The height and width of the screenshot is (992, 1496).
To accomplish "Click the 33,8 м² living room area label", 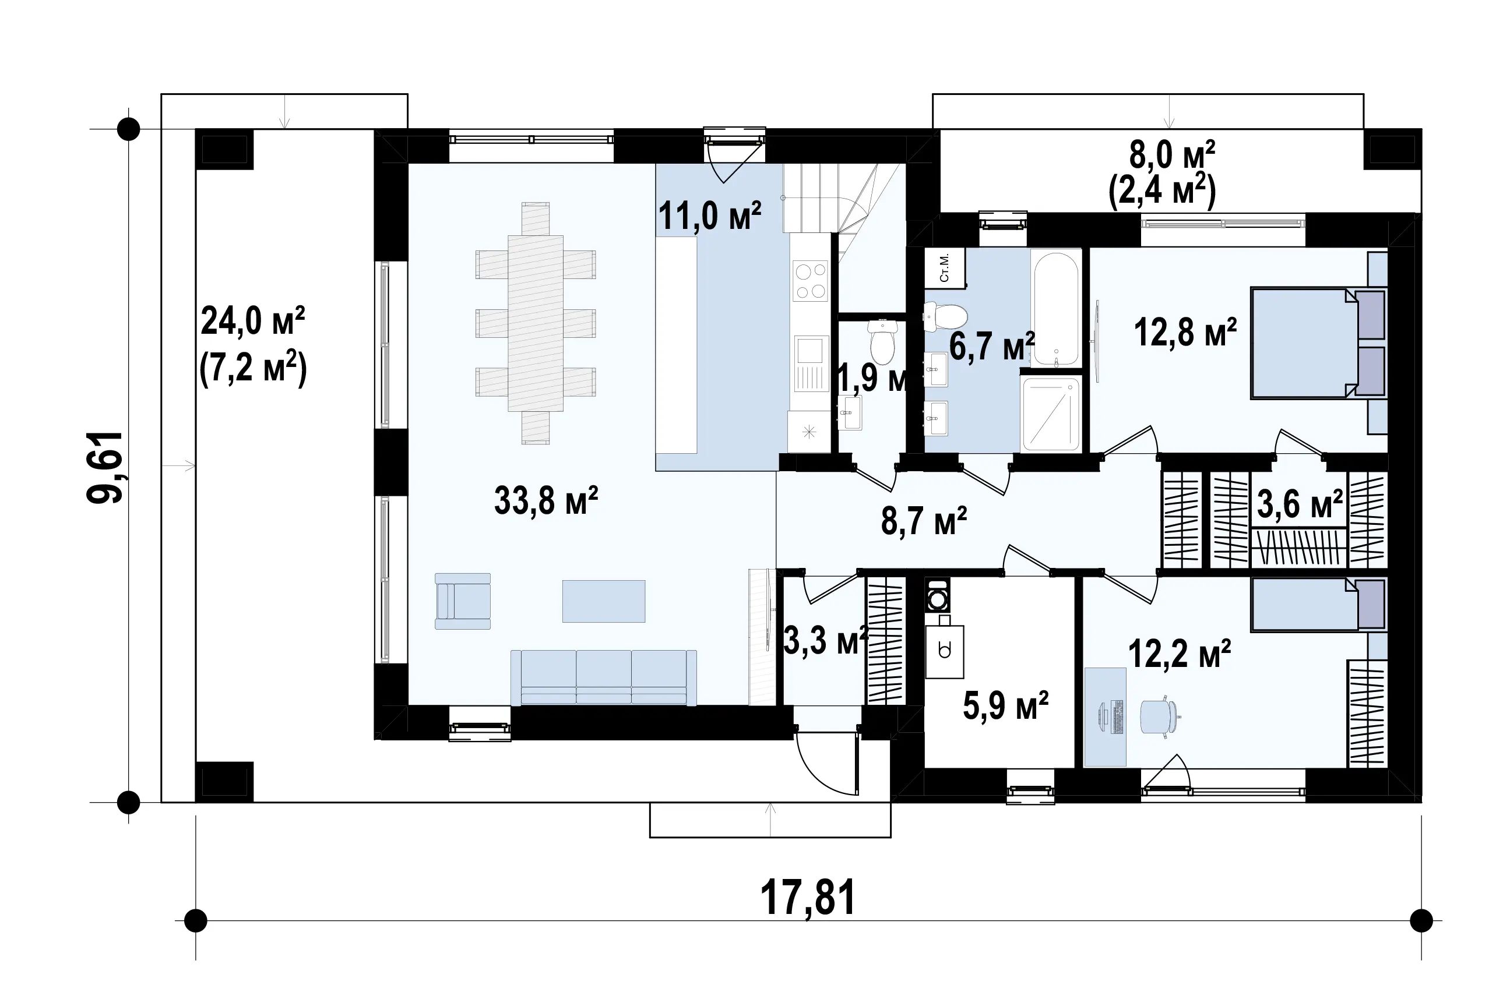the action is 545,501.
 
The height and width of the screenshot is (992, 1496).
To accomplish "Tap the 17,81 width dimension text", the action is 808,897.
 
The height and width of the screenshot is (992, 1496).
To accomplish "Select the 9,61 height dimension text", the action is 105,468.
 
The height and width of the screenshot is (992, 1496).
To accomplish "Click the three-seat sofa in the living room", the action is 604,677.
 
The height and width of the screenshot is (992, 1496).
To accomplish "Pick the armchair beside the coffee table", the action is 463,601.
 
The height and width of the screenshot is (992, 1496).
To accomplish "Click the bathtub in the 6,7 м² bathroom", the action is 1055,308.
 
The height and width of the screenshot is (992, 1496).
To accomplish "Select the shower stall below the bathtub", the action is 1051,414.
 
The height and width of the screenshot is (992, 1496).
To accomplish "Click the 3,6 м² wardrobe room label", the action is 1300,504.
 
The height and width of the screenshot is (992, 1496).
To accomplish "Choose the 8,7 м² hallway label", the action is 924,521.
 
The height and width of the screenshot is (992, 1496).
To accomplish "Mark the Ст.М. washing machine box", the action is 945,267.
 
